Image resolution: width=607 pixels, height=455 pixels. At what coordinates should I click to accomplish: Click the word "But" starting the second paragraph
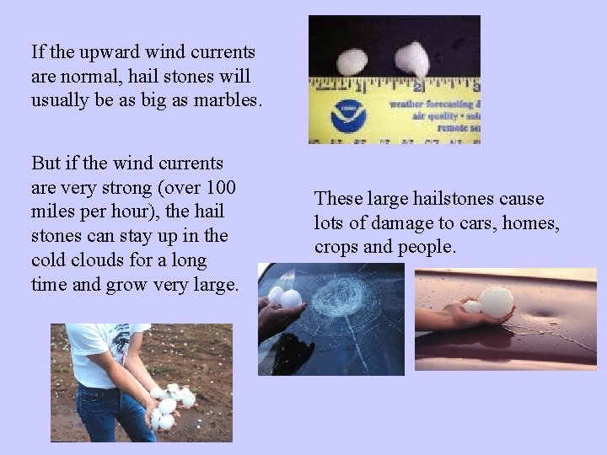(x=46, y=161)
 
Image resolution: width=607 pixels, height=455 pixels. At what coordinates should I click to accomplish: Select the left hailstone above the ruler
(x=352, y=62)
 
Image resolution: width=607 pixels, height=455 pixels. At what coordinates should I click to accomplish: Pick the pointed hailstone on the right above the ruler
(x=412, y=60)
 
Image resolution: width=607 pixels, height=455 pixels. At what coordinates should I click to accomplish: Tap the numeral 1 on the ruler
(x=360, y=86)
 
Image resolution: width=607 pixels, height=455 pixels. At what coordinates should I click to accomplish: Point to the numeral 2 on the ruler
(x=419, y=85)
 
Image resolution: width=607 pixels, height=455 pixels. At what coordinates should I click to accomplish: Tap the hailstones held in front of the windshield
(x=284, y=297)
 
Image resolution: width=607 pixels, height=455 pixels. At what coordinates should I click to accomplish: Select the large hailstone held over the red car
(x=495, y=302)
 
